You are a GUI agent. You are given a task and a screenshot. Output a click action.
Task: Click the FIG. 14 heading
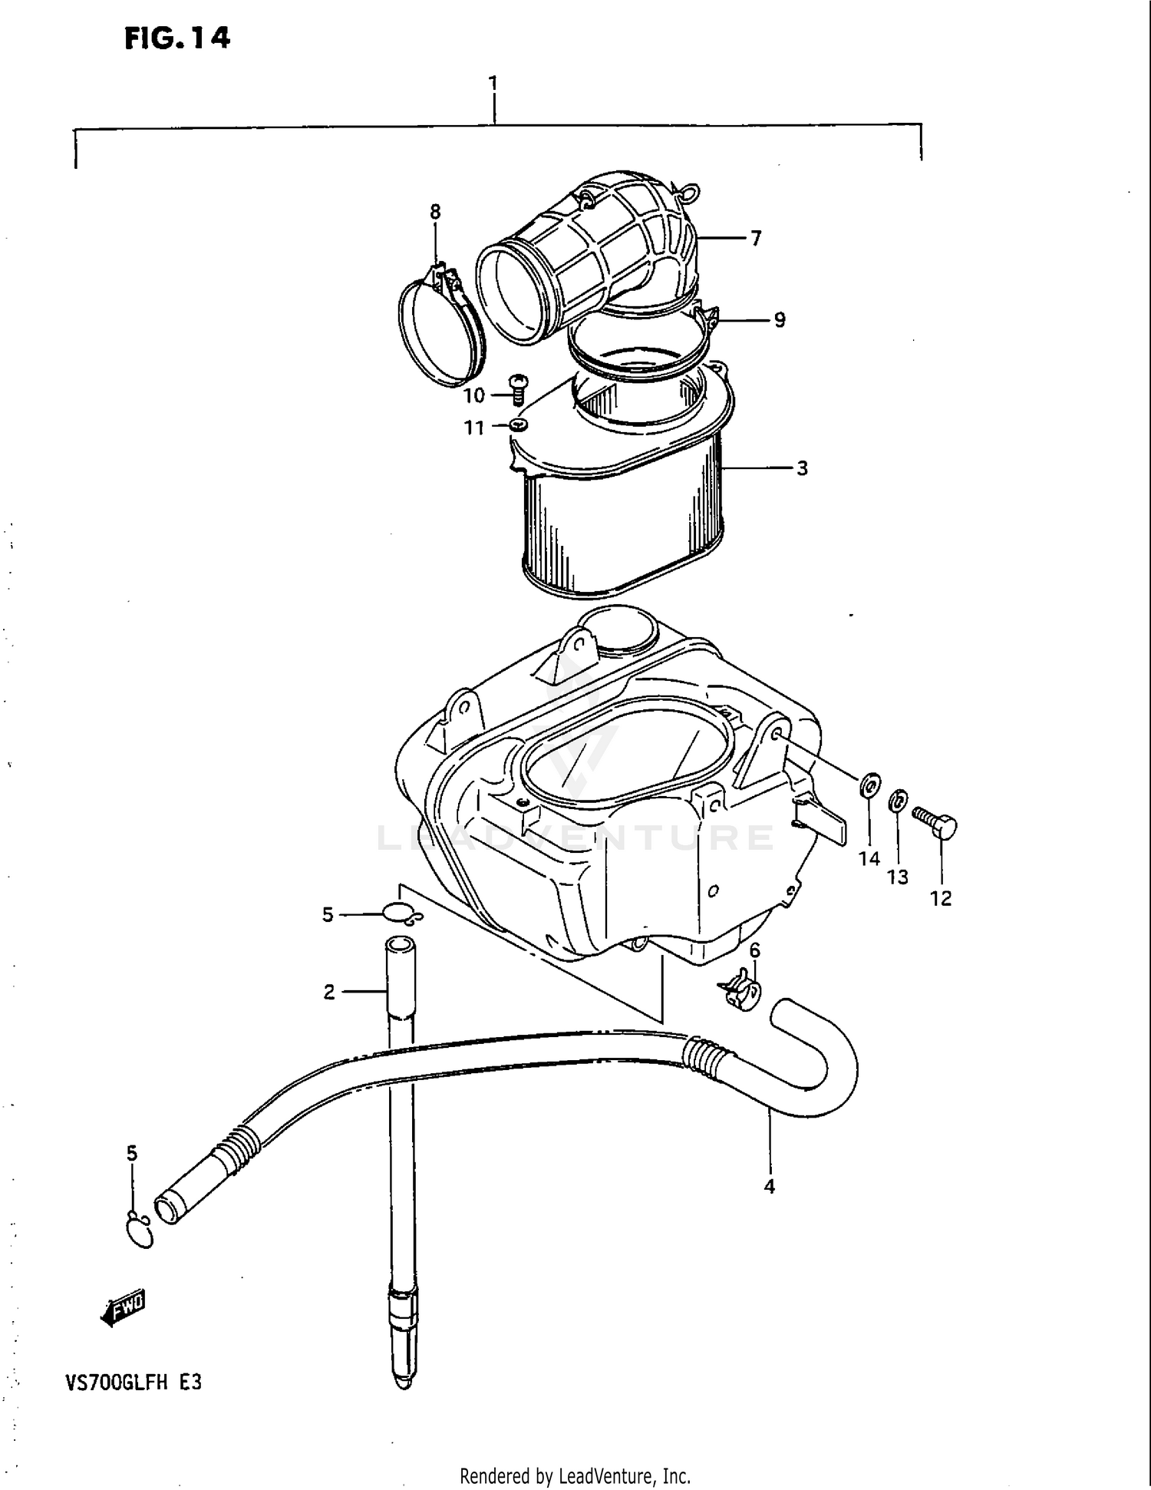click(177, 38)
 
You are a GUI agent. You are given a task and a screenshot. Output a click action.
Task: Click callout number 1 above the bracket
click(493, 83)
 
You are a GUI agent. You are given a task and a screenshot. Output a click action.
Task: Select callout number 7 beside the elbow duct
click(756, 239)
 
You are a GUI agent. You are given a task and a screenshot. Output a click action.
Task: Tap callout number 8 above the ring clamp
click(435, 212)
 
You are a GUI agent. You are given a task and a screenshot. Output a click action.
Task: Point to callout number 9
click(780, 320)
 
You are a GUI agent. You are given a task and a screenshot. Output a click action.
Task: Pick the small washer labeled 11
click(519, 424)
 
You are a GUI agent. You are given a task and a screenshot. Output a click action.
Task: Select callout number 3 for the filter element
click(802, 468)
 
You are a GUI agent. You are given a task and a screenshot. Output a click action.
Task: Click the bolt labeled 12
click(936, 824)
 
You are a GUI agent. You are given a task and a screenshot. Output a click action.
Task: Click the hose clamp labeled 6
click(742, 990)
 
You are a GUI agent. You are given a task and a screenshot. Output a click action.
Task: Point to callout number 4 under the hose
click(770, 1187)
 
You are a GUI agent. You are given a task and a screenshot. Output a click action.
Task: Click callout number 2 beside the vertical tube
click(329, 993)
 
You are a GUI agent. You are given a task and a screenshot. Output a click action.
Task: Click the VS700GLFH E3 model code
click(133, 1383)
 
